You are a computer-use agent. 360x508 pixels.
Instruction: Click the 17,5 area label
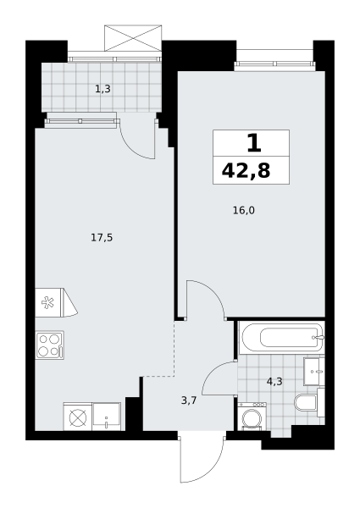(102, 238)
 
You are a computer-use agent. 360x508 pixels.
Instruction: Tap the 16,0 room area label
(244, 211)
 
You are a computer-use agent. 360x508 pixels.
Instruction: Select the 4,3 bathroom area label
(274, 382)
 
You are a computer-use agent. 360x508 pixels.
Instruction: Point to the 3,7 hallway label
(189, 400)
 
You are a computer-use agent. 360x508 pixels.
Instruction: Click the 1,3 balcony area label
(102, 89)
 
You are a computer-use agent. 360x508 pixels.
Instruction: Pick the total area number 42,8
(246, 171)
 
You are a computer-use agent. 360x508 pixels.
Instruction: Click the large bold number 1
(254, 144)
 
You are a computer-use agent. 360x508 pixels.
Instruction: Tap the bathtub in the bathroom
(281, 338)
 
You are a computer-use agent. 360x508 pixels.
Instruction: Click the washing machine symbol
(252, 417)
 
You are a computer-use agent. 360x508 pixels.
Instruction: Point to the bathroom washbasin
(314, 372)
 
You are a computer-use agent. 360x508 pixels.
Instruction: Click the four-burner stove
(50, 345)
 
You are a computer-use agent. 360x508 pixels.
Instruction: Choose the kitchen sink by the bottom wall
(106, 417)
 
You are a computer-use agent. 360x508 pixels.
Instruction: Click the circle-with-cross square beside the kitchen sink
(78, 417)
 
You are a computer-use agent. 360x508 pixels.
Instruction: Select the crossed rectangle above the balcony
(133, 37)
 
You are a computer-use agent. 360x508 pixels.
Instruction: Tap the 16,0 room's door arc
(213, 291)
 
